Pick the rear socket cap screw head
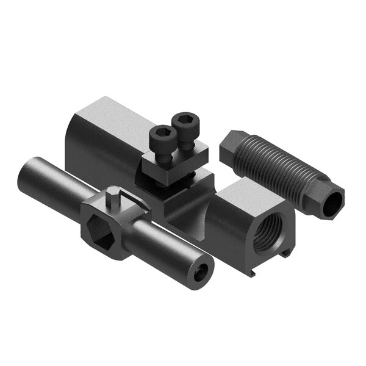tap(184, 120)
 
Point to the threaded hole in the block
tap(271, 232)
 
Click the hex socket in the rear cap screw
tap(184, 118)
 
